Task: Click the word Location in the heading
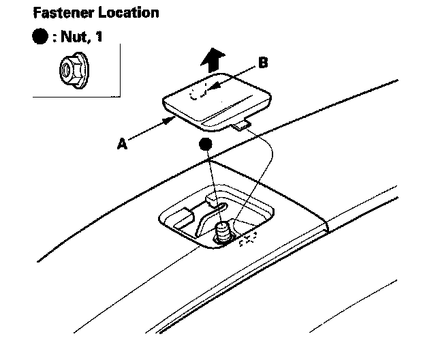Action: pos(134,13)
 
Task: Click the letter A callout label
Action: pos(123,143)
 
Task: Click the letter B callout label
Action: pos(264,63)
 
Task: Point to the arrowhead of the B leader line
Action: pos(209,89)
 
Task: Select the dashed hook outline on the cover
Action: pos(198,92)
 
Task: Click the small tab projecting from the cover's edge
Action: pos(240,125)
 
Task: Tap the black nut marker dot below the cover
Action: pos(204,145)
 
